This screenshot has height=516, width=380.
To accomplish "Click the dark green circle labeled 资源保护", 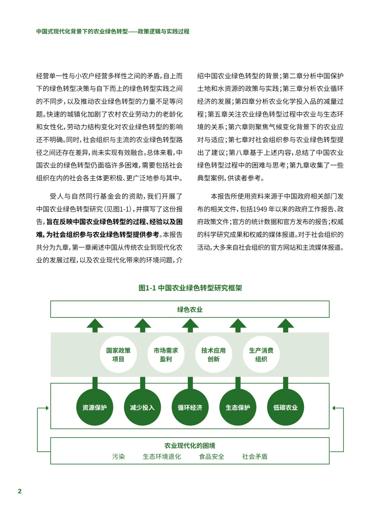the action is pos(95,407).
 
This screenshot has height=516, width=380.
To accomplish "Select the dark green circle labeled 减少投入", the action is pos(142,407).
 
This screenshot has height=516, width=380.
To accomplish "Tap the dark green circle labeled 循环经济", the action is pos(190,407).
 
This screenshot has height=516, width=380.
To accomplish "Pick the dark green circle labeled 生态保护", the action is pos(238,407).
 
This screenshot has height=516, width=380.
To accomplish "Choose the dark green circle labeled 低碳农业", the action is pos(285,407).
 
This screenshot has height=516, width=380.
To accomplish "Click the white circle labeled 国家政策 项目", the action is pos(118,354).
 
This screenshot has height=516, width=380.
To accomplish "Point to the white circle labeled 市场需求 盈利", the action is pos(166,354).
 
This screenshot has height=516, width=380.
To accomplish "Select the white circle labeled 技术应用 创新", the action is pos(214,354).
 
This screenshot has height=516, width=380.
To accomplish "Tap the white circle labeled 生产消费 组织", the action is pos(261,354).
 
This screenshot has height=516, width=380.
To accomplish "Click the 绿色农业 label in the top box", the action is pos(190,309).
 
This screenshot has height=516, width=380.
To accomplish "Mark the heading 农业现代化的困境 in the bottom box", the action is pos(190,446).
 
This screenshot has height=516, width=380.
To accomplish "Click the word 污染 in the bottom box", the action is pos(119,457).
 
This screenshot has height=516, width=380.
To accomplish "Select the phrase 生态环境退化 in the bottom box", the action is pos(162,457).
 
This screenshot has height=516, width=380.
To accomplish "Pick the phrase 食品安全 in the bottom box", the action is pos(211,457).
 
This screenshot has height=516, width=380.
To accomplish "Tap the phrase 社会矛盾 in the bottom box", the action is pos(255,457).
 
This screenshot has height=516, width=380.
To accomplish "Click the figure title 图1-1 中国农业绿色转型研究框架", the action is pos(190,288).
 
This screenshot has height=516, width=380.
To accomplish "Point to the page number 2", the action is pos(20,491).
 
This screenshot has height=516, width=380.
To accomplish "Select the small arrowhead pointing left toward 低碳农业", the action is pos(334,408).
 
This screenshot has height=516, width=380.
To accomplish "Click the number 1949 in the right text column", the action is pos(260,209).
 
